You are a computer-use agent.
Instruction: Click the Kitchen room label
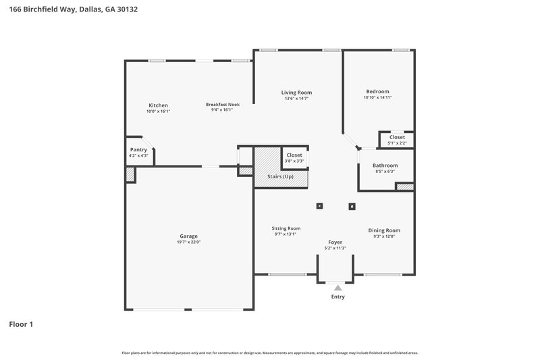(158, 105)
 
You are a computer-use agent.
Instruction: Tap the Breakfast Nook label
(223, 105)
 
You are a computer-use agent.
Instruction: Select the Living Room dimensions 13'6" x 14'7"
(296, 99)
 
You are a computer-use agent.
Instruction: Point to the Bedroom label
(377, 91)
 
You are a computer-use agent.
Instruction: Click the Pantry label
(138, 150)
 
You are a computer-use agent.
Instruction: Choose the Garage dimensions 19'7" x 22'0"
(188, 242)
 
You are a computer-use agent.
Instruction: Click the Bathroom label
(385, 165)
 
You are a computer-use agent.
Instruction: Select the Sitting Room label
(286, 228)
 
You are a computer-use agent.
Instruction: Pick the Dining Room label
(384, 230)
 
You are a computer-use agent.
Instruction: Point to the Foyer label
(335, 242)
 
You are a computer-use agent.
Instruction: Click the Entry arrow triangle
(337, 288)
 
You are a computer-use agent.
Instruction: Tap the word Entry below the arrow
(337, 297)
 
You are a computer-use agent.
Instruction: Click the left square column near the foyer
(320, 206)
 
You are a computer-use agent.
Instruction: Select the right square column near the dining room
(351, 206)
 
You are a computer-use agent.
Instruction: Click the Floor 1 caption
(21, 324)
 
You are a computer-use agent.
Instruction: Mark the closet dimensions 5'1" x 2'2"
(397, 143)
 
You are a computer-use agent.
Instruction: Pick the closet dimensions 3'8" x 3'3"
(294, 161)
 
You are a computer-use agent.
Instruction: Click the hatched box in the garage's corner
(130, 174)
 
